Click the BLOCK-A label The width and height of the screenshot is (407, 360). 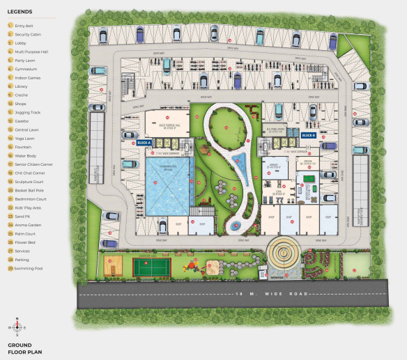pos(145,141)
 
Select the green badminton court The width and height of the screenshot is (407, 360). pos(148,266)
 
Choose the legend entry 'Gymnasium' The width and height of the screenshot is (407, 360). pos(26,69)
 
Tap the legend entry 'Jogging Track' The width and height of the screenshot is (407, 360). pos(28,112)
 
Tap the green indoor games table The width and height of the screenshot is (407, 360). pos(309,187)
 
